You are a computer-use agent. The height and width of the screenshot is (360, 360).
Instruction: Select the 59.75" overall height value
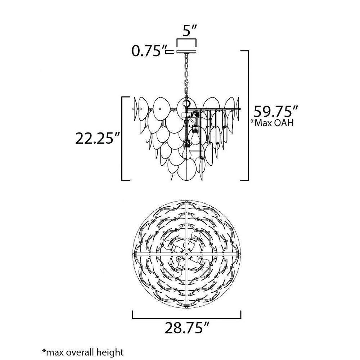[x=275, y=112]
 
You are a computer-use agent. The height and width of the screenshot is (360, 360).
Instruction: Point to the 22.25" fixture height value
[x=97, y=139]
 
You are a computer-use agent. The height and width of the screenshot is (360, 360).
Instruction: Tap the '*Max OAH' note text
[x=272, y=123]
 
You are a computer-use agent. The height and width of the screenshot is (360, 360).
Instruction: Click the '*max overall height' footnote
[x=83, y=352]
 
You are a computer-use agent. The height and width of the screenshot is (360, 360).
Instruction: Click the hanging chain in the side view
[x=186, y=76]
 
